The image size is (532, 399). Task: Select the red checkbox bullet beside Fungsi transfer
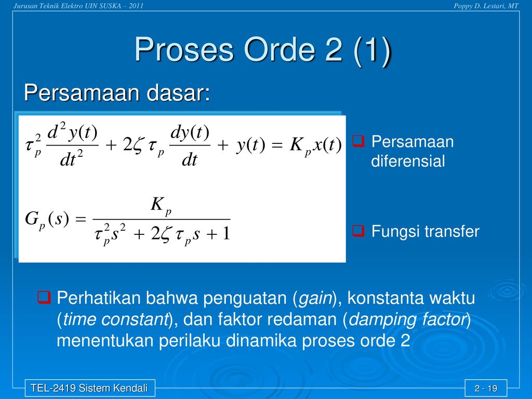(358, 231)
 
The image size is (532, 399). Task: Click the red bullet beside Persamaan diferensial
(358, 141)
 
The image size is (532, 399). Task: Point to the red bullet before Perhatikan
(44, 298)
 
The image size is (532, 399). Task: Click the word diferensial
(408, 161)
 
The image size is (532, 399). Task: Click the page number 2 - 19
(486, 388)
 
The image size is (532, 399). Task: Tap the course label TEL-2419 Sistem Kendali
(89, 388)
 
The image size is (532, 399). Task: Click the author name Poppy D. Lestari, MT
(486, 6)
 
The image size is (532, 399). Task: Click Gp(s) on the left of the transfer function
(47, 219)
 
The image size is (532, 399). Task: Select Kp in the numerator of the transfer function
(161, 206)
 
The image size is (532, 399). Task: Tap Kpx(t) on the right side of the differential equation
(315, 146)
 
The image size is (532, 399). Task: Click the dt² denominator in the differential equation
(72, 159)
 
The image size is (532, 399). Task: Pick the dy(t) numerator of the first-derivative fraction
(190, 132)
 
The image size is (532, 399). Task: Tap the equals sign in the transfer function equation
(81, 219)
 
